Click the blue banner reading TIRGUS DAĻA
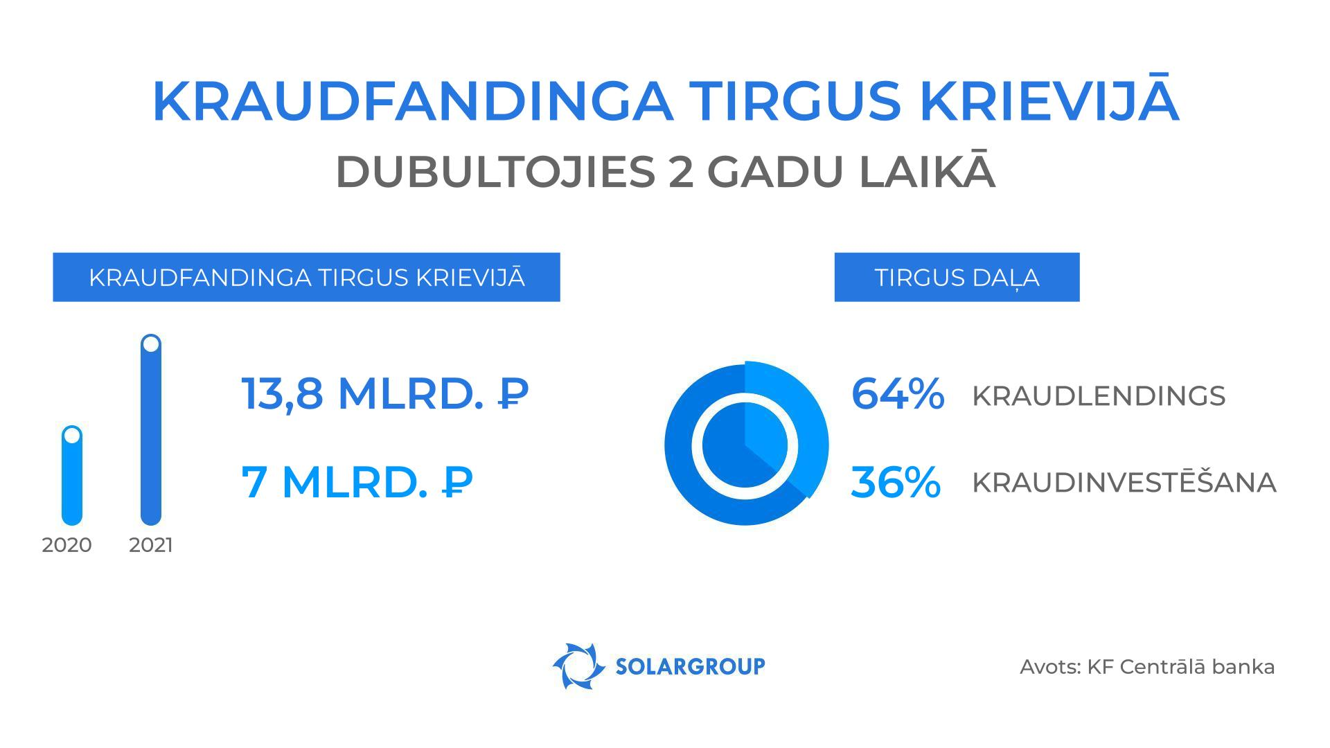click(957, 277)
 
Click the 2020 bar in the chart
click(72, 485)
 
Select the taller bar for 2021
click(151, 443)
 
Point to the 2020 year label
click(66, 545)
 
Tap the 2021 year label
click(151, 545)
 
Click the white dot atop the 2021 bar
click(151, 344)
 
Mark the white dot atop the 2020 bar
click(72, 436)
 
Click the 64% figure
click(897, 394)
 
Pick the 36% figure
click(895, 482)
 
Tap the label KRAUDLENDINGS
click(1099, 396)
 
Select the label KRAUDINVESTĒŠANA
click(1124, 483)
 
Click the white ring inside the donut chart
click(697, 443)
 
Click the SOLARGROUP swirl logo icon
click(575, 666)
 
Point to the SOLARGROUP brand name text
click(690, 666)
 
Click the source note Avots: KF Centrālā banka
click(1146, 667)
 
